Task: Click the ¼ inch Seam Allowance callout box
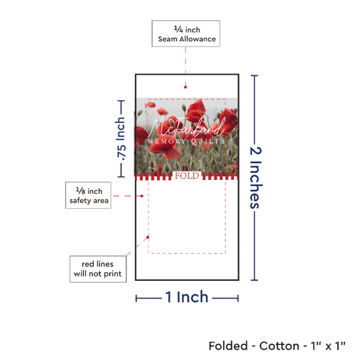tap(186, 34)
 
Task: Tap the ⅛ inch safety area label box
tap(88, 196)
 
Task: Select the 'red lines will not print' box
tap(98, 269)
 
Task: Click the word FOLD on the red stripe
tap(187, 176)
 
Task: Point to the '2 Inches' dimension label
tap(256, 178)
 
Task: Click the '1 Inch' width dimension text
tap(187, 297)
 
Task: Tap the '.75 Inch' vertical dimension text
tap(120, 139)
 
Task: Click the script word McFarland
tap(187, 128)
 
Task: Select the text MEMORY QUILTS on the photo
tap(186, 141)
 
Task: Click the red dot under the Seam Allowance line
tap(185, 87)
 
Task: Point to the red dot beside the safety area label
tap(142, 196)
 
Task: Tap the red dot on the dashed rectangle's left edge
tap(148, 237)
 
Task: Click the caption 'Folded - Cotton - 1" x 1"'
tap(277, 346)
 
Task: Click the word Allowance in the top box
tap(198, 39)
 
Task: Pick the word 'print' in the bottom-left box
tap(113, 274)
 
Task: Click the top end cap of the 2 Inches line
tap(255, 75)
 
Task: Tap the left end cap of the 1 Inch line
tap(136, 298)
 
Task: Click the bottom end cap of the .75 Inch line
tap(121, 177)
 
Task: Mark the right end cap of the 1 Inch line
tap(238, 298)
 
